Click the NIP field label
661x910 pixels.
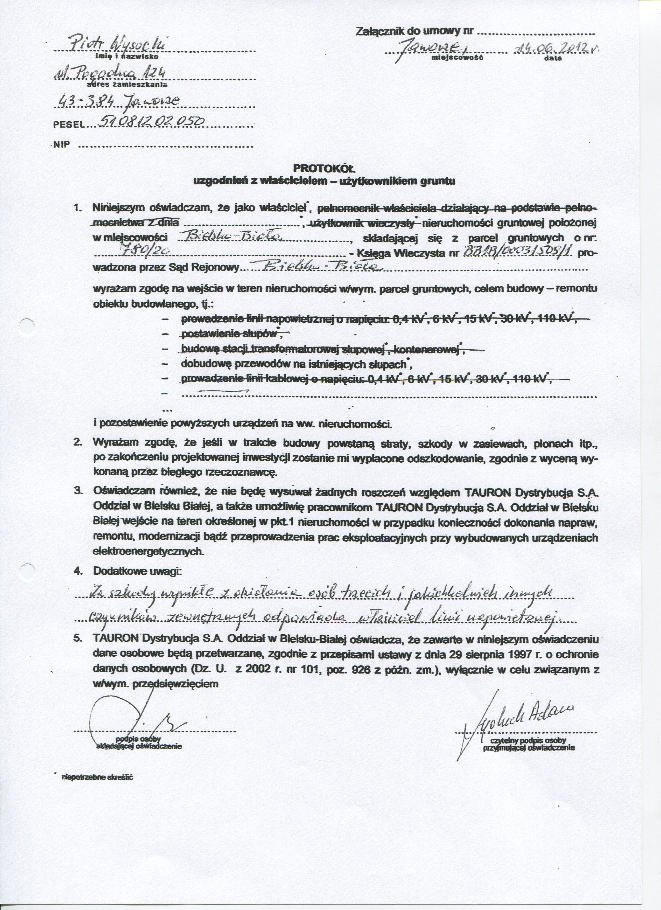pos(62,145)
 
